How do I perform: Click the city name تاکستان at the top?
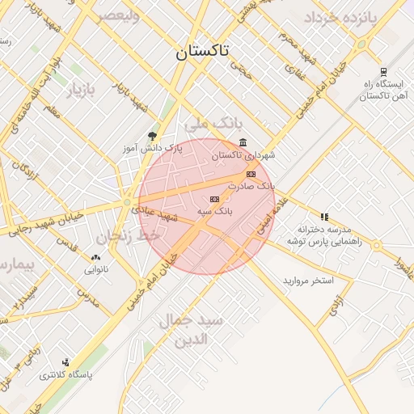[x=202, y=52]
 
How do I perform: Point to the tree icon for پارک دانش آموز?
[x=153, y=136]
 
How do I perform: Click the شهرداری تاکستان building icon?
[x=243, y=142]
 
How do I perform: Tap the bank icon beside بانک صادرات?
[x=251, y=174]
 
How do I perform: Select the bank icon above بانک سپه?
[x=214, y=199]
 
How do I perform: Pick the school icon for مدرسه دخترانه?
[x=324, y=217]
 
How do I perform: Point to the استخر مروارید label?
[x=307, y=281]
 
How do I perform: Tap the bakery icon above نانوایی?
[x=95, y=258]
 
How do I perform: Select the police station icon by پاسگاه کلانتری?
[x=65, y=362]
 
